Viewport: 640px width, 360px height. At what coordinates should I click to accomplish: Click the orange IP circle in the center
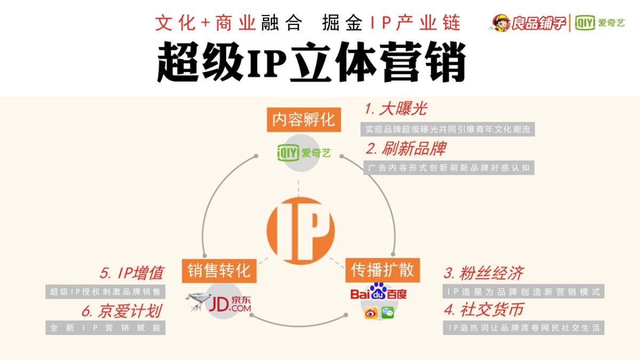point(300,230)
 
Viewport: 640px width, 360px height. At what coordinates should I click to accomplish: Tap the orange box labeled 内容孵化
point(303,120)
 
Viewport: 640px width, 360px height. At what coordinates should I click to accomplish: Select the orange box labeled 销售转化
point(219,270)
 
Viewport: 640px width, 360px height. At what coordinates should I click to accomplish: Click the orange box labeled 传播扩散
point(382,270)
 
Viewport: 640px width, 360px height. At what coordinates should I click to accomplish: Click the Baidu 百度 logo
point(379,292)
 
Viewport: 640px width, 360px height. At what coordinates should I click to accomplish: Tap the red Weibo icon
point(371,313)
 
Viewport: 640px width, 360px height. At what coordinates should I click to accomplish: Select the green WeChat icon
point(388,313)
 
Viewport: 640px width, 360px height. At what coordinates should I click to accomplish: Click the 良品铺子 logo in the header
point(529,23)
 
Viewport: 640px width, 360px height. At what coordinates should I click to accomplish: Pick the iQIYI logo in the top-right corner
point(600,23)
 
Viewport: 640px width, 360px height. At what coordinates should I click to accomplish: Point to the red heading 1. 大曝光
point(396,109)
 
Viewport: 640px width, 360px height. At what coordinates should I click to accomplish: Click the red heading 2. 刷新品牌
point(406,148)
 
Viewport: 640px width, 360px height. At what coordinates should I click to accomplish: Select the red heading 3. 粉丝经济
point(483,273)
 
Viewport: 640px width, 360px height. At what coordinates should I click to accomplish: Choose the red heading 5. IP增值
point(131,273)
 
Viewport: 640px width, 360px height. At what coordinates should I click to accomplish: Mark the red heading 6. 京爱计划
point(122,311)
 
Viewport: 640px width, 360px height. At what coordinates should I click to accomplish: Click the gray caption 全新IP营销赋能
point(106,328)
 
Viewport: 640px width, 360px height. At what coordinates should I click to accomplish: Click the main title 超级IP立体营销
point(311,62)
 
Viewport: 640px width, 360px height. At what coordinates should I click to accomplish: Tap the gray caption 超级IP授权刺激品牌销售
point(106,292)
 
